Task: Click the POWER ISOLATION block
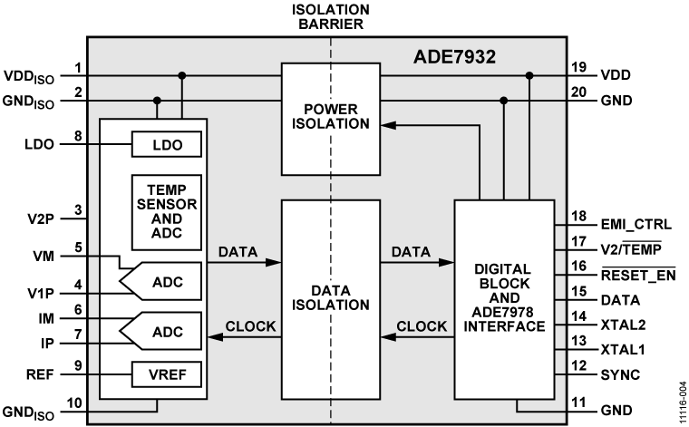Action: pyautogui.click(x=331, y=118)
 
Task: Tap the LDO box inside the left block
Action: pyautogui.click(x=166, y=144)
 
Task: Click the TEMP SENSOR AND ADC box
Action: pyautogui.click(x=166, y=211)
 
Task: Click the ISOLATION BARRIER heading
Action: pyautogui.click(x=331, y=15)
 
